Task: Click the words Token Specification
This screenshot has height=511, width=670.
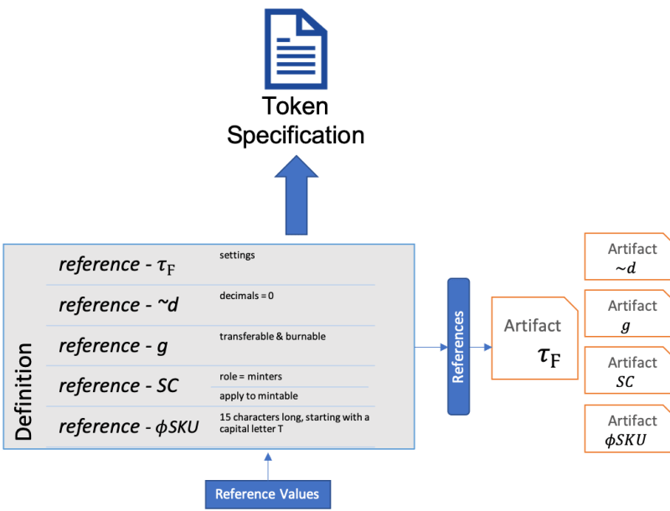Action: [295, 121]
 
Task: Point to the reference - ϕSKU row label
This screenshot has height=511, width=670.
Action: [128, 426]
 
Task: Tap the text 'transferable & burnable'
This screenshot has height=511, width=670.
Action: [272, 336]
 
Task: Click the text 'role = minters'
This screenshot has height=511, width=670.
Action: [251, 376]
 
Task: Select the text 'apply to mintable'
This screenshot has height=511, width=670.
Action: [260, 396]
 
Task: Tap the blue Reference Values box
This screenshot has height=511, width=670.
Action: [267, 493]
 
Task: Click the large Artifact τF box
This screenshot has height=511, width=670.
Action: [534, 338]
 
